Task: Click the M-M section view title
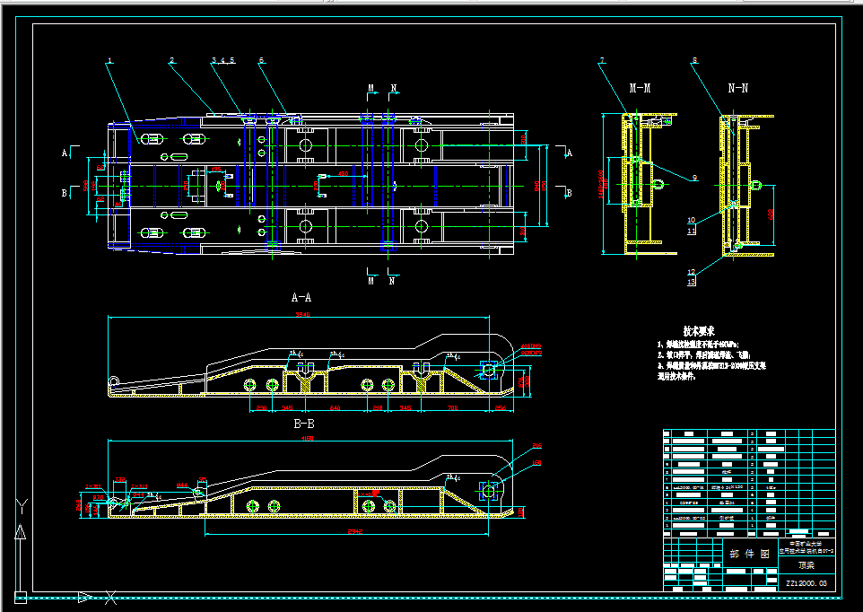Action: (x=640, y=88)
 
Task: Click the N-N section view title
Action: (x=738, y=88)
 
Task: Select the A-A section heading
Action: (x=301, y=296)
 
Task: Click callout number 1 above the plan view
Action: (x=109, y=61)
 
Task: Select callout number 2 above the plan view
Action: (x=171, y=61)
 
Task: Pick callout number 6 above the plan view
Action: (x=261, y=61)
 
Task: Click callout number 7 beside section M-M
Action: (x=602, y=61)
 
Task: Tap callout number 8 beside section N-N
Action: (x=693, y=61)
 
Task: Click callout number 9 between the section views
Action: (x=693, y=178)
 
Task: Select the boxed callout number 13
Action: (x=691, y=282)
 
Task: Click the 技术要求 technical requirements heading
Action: (x=698, y=330)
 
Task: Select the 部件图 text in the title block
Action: (x=747, y=555)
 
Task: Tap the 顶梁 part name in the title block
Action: (x=807, y=566)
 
